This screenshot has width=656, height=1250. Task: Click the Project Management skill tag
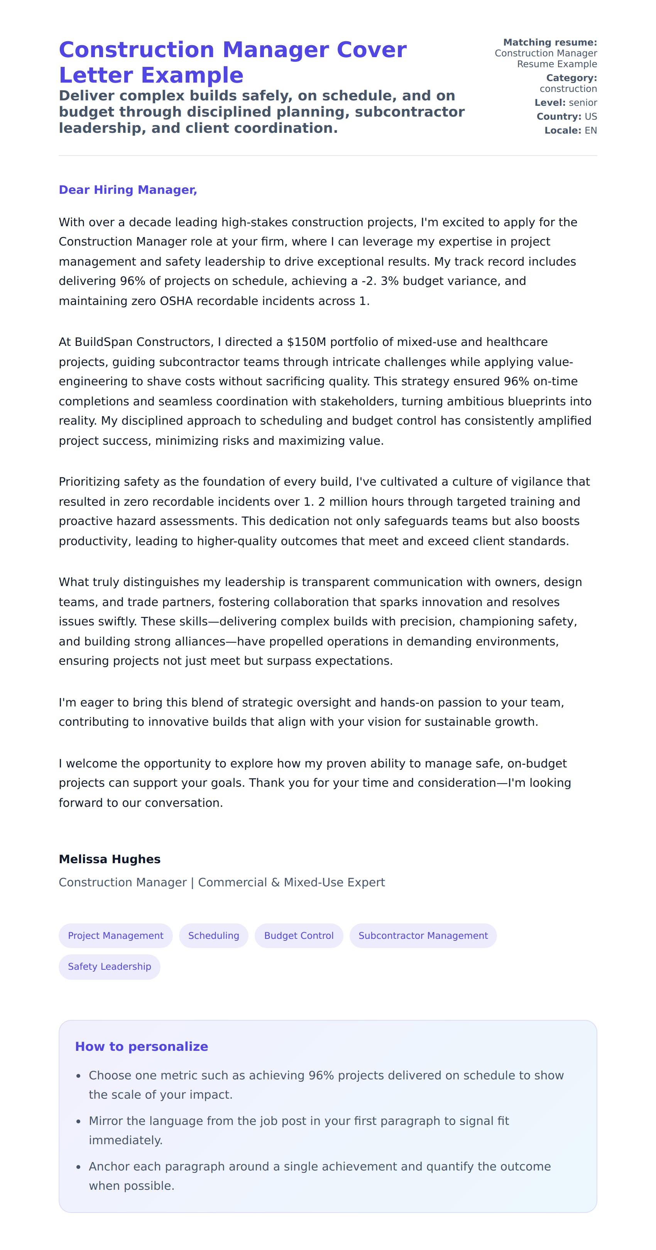click(115, 935)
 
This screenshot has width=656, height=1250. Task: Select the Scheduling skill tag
click(213, 935)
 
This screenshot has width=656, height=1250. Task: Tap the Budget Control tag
click(298, 935)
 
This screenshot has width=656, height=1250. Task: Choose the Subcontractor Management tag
click(423, 935)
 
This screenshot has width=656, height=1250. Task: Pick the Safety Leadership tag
click(109, 966)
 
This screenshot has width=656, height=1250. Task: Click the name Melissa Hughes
click(110, 859)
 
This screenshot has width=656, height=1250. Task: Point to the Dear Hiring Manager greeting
click(128, 190)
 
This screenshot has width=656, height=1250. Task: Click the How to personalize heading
click(141, 1046)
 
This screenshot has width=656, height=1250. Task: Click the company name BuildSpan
click(104, 342)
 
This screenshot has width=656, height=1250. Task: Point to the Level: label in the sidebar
click(550, 103)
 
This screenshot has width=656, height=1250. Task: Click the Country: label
click(558, 117)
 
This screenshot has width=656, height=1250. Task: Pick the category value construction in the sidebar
click(568, 89)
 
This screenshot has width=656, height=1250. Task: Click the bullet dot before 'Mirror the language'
click(79, 1121)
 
